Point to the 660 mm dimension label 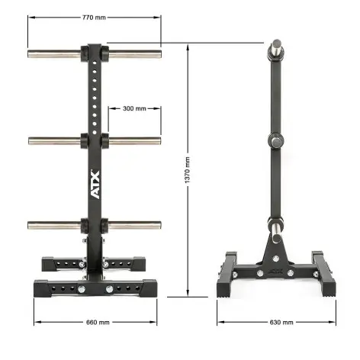point(95,321)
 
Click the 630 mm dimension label point(281,322)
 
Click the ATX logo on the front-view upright point(95,186)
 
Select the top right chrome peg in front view point(133,54)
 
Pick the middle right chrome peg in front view point(133,140)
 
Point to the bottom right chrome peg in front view point(133,224)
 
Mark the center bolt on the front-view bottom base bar point(111,289)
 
